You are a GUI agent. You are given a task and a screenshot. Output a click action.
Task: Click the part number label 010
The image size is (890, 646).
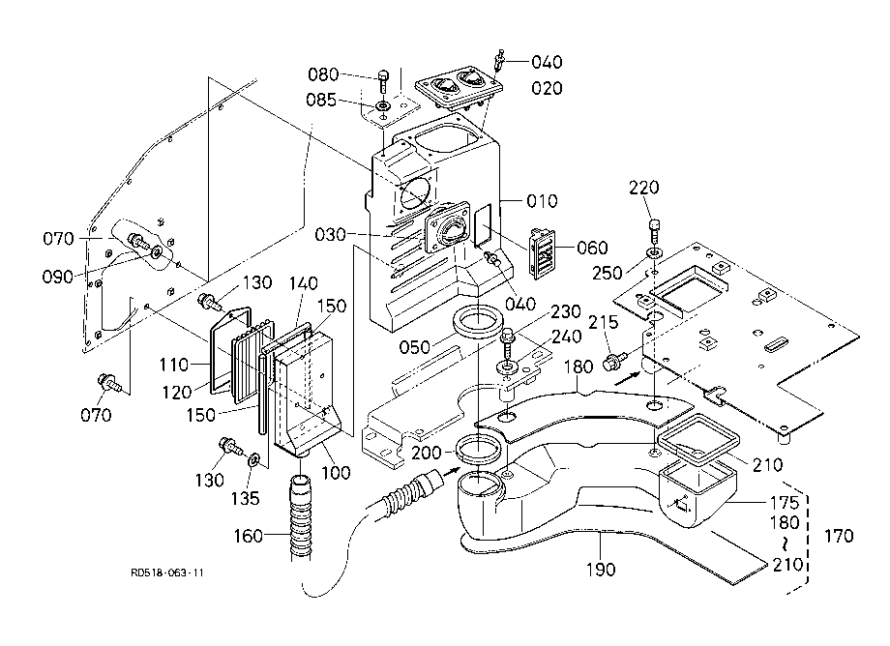point(542,201)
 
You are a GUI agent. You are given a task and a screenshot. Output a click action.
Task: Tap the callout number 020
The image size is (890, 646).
point(547,88)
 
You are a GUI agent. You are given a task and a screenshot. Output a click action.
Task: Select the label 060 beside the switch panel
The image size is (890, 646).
point(592,248)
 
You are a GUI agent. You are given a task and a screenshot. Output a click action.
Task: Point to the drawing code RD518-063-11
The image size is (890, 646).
point(166,573)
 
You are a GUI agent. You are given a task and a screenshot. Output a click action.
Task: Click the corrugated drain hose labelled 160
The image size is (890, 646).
point(301,516)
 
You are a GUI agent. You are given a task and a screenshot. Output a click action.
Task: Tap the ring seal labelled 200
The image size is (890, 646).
point(480,448)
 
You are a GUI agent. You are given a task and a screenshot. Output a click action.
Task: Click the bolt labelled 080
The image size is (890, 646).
point(384,81)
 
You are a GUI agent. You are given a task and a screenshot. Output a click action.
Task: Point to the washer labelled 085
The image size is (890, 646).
point(384,106)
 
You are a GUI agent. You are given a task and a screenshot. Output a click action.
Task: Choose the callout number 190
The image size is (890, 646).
point(601,569)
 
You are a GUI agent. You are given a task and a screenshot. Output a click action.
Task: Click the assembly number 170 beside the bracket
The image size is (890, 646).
point(839,536)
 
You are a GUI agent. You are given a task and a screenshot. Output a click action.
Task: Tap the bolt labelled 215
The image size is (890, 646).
point(615,361)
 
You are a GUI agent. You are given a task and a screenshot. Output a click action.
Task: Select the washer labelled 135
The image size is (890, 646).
point(254,457)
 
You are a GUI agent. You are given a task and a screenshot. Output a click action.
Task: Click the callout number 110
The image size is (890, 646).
point(174,365)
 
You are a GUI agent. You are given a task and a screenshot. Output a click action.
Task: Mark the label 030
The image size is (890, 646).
point(330,234)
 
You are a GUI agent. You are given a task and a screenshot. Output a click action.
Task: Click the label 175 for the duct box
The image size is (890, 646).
point(784,503)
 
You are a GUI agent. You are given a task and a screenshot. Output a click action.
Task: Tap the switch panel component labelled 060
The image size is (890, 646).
point(542,253)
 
